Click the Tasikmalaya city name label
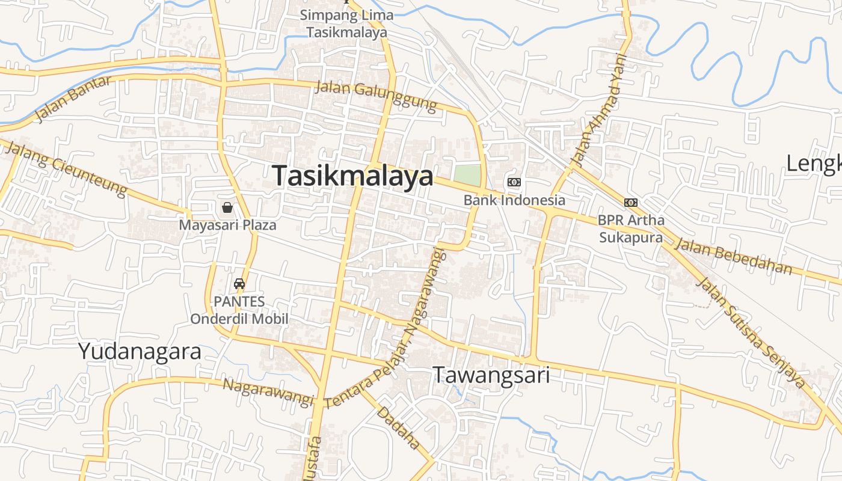(x=352, y=176)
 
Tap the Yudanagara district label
(x=140, y=352)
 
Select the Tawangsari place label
(x=491, y=375)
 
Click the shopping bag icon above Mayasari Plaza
(x=227, y=208)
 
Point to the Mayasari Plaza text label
(x=227, y=225)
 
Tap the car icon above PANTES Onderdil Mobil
(x=239, y=284)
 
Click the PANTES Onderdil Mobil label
(x=239, y=310)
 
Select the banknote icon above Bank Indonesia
(x=514, y=182)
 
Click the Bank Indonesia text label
(x=514, y=200)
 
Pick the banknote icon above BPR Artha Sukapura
(x=631, y=203)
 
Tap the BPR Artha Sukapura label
(x=631, y=229)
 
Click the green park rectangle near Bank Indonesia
(x=467, y=176)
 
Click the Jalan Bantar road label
(x=73, y=99)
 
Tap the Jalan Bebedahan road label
(x=733, y=256)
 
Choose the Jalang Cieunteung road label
(x=66, y=168)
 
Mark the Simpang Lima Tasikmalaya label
(x=347, y=23)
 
